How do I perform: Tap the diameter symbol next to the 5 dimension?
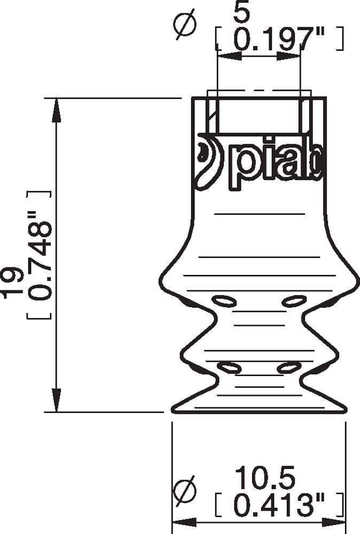coord(186,27)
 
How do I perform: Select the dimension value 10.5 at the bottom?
coord(265,478)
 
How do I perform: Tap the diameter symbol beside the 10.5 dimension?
coord(186,491)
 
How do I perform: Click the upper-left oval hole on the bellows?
coord(224,301)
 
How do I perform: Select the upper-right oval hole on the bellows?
coord(294,301)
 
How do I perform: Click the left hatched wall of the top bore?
coord(212,115)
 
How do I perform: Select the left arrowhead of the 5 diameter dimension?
coord(224,56)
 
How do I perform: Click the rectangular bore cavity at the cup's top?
coord(259,115)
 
